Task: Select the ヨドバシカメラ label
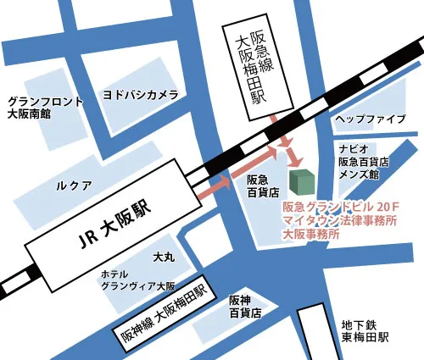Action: (x=140, y=93)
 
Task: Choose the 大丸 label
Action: (x=164, y=255)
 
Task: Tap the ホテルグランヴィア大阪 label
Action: (x=137, y=280)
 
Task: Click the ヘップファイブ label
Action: (x=370, y=119)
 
